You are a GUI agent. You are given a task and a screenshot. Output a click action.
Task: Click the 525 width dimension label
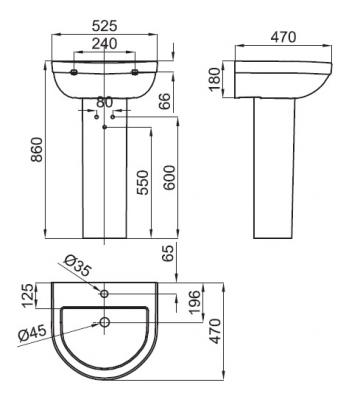tap(105, 26)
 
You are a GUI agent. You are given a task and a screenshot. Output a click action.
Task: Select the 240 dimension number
tap(105, 44)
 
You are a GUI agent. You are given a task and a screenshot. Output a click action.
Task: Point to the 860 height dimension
tap(37, 149)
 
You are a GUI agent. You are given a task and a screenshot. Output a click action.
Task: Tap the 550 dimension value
tap(143, 182)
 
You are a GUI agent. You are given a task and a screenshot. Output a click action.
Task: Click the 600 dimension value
tap(169, 177)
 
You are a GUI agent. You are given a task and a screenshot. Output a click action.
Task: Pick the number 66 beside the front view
tap(164, 101)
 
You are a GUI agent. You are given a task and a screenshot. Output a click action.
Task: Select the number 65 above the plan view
tap(168, 253)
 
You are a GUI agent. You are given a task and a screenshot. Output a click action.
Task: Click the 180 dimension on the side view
tap(215, 79)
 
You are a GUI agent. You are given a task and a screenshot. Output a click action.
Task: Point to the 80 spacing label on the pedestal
tap(105, 102)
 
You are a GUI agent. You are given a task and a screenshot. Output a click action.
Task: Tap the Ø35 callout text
tap(77, 266)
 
